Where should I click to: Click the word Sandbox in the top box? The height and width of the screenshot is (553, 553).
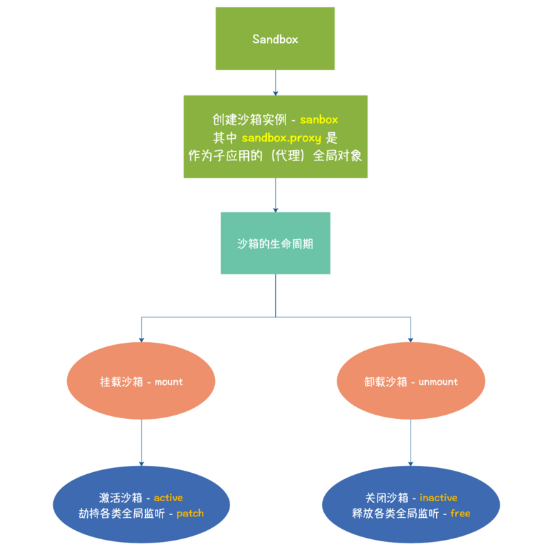click(275, 39)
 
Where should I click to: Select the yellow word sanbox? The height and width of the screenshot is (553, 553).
click(319, 120)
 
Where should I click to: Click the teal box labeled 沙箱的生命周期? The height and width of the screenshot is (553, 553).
click(275, 243)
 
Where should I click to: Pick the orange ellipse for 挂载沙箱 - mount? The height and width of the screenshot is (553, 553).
click(141, 382)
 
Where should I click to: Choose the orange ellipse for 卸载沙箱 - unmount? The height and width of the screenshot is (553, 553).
click(411, 382)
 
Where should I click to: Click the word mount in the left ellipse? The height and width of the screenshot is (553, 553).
click(169, 382)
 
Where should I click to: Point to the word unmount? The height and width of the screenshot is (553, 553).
click(438, 382)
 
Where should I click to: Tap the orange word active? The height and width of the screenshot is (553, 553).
click(168, 498)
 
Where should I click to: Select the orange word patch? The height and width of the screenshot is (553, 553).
click(190, 514)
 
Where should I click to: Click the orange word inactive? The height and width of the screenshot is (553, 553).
click(438, 498)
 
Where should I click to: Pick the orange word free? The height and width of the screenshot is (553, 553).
click(460, 514)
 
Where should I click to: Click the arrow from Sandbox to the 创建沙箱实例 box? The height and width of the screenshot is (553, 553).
click(275, 82)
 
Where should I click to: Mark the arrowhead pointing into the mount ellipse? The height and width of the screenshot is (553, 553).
click(141, 338)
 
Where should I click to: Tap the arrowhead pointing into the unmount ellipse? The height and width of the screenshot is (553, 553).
click(411, 338)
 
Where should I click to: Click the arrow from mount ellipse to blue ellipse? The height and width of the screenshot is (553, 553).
click(141, 442)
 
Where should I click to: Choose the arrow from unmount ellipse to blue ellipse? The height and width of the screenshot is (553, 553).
click(411, 442)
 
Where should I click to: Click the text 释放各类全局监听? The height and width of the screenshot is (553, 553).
click(393, 514)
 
